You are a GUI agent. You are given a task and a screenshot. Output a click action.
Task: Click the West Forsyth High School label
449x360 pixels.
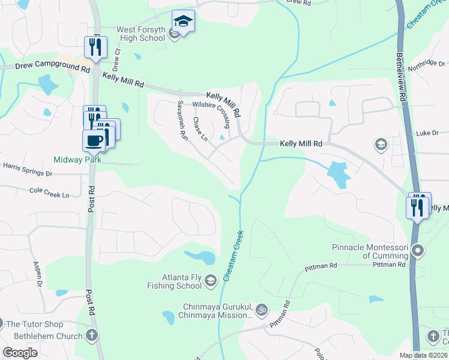click(132, 34)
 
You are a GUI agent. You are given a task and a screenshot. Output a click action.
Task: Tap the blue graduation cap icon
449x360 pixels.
click(183, 22)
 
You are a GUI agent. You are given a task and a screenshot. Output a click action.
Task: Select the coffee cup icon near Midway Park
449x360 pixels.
click(94, 141)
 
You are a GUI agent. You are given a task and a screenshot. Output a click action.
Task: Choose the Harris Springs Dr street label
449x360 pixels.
click(28, 169)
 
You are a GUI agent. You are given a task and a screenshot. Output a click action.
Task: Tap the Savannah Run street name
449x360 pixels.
click(182, 120)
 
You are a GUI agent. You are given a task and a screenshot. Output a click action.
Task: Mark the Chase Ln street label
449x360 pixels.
click(200, 129)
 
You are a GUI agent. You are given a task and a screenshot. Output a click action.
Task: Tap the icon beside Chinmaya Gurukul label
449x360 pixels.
click(261, 310)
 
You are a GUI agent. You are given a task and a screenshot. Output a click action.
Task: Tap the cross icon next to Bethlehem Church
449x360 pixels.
click(91, 335)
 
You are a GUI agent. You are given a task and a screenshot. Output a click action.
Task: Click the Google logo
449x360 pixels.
click(20, 352)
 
